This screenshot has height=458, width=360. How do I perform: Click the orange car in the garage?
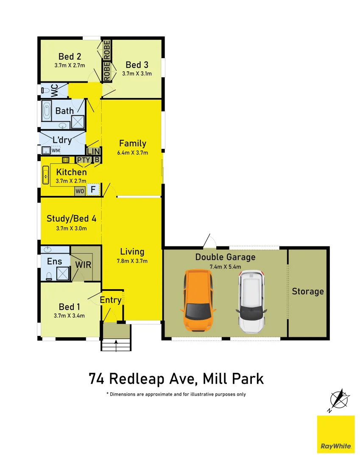pyautogui.click(x=198, y=301)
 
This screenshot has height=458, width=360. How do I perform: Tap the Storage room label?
pyautogui.click(x=308, y=291)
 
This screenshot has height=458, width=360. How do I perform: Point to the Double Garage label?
pyautogui.click(x=225, y=257)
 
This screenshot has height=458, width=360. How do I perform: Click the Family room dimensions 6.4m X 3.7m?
pyautogui.click(x=133, y=153)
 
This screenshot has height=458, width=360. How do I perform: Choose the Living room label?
pyautogui.click(x=132, y=251)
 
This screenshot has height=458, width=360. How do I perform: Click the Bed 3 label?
pyautogui.click(x=137, y=65)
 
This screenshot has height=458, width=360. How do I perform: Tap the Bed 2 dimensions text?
pyautogui.click(x=70, y=65)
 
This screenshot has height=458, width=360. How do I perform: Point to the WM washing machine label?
pyautogui.click(x=56, y=150)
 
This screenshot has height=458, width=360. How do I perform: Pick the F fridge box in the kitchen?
pyautogui.click(x=93, y=190)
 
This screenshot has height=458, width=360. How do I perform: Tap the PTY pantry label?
pyautogui.click(x=83, y=160)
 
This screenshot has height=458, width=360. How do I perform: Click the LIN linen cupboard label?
pyautogui.click(x=93, y=151)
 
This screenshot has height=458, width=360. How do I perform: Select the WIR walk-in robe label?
pyautogui.click(x=83, y=265)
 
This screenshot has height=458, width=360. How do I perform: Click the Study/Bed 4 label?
pyautogui.click(x=71, y=219)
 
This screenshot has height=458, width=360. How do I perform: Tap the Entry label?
pyautogui.click(x=111, y=300)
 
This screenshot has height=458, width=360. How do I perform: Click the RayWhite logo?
pyautogui.click(x=336, y=434)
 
